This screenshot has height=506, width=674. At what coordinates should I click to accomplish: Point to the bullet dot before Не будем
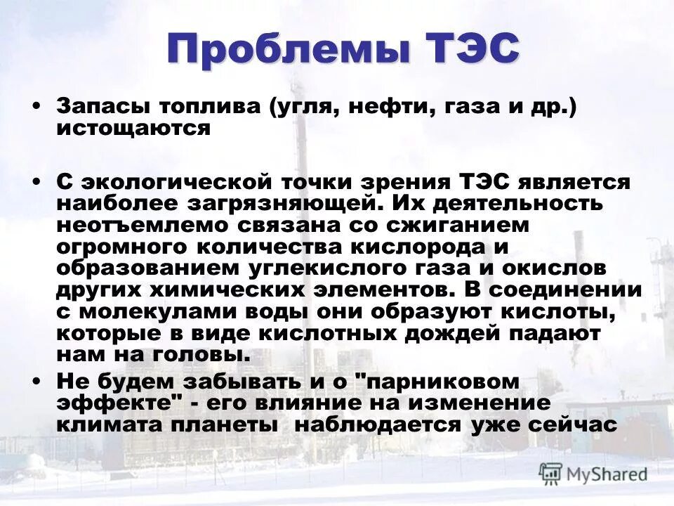(36, 381)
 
